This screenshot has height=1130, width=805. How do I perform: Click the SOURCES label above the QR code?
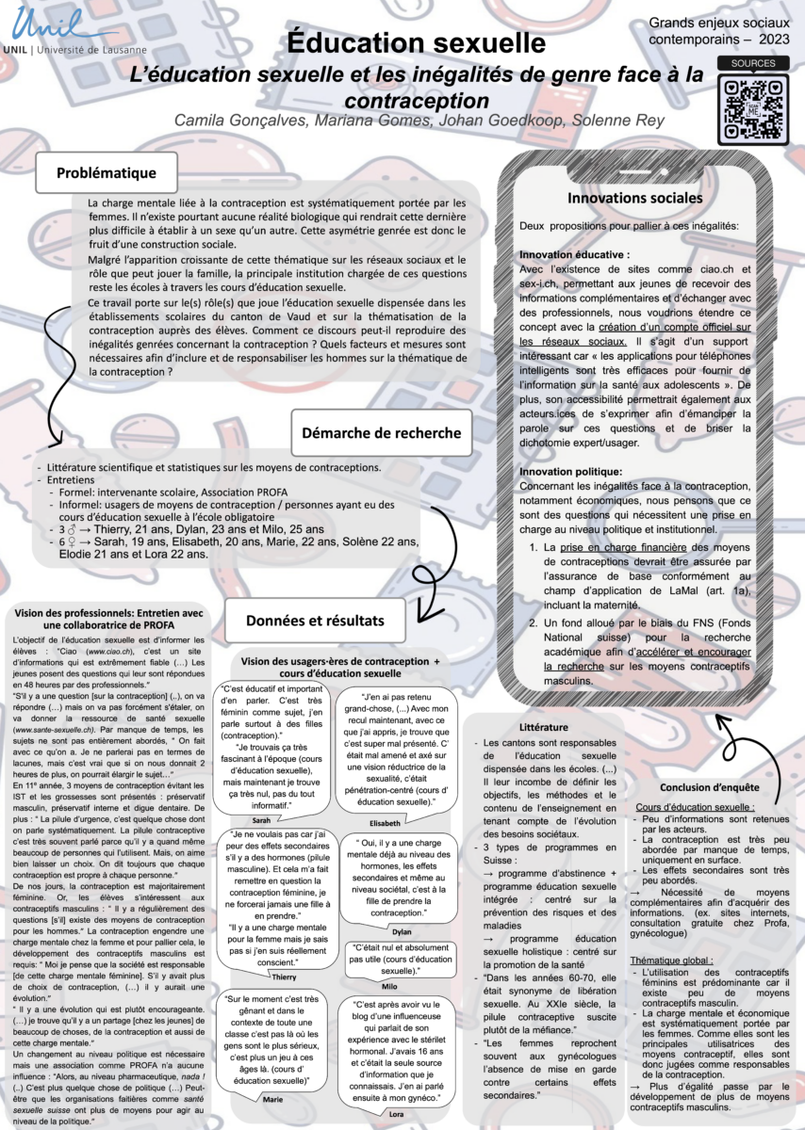tap(747, 63)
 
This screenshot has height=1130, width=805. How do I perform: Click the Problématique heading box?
tap(106, 172)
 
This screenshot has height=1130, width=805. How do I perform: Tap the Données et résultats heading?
tap(314, 620)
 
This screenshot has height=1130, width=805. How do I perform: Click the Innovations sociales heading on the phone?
tap(633, 198)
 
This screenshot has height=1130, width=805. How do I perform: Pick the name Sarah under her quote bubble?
tap(248, 820)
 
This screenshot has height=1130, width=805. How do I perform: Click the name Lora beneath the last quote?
tap(397, 1114)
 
